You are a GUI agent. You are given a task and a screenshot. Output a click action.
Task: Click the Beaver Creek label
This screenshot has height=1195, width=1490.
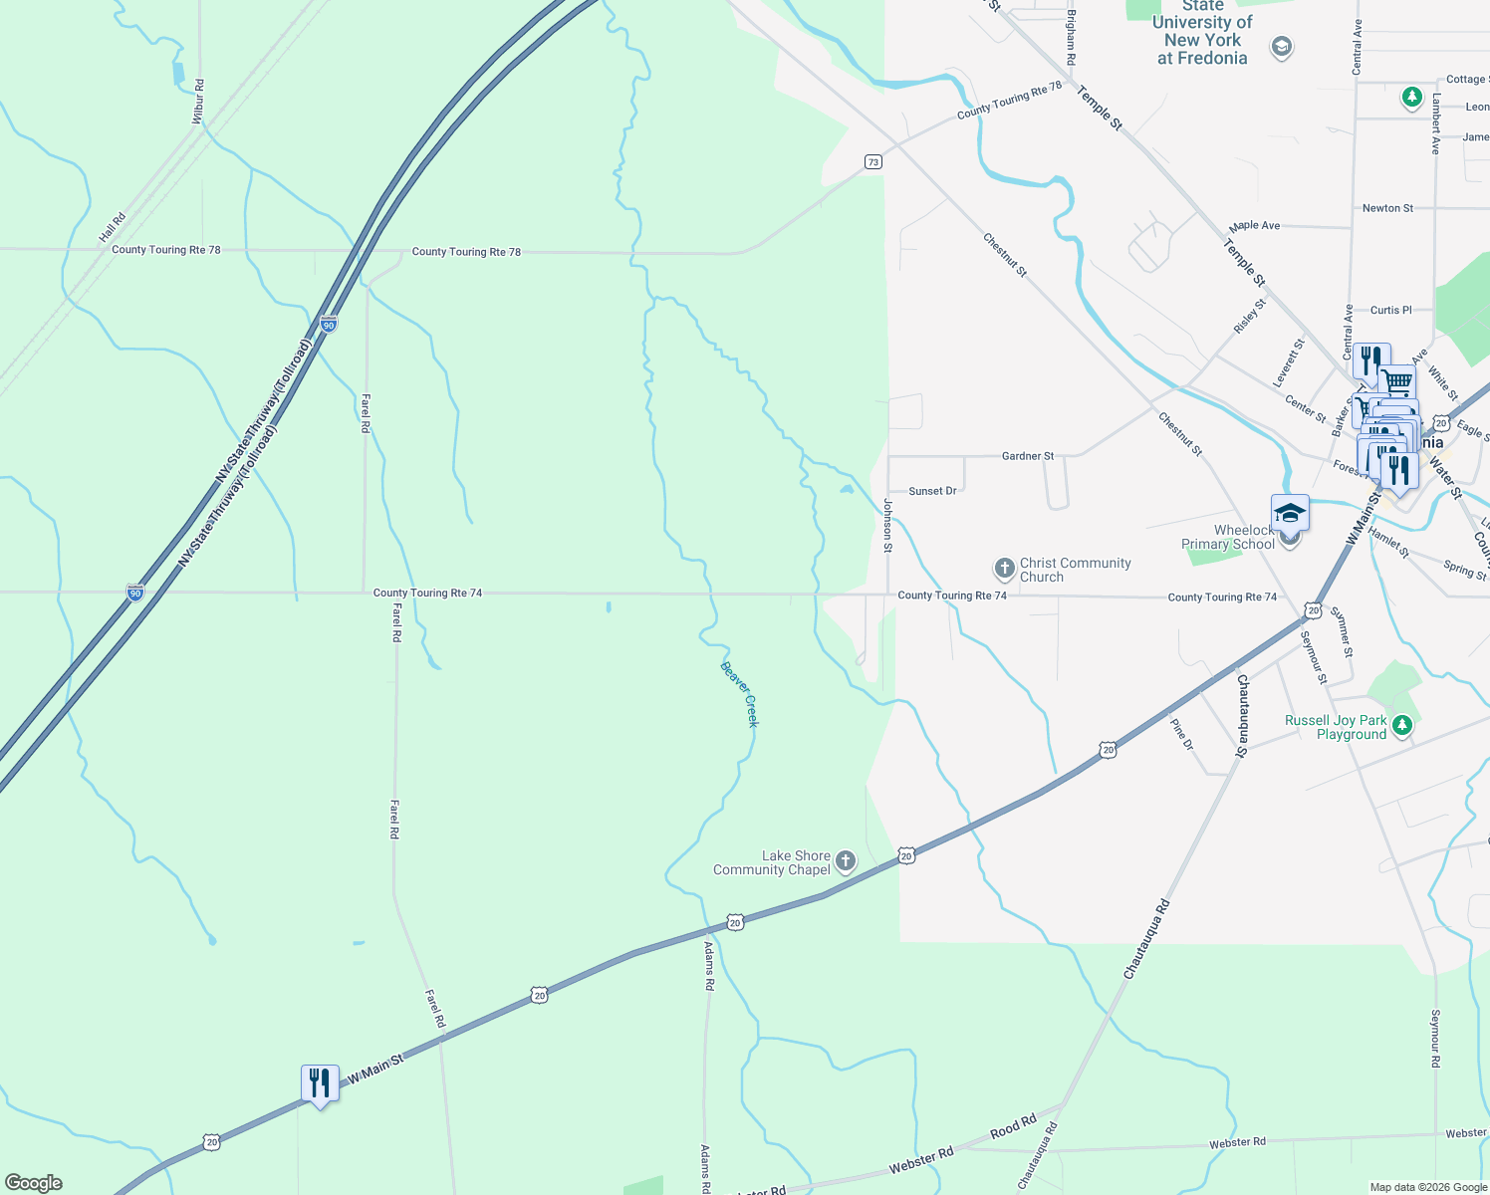[739, 694]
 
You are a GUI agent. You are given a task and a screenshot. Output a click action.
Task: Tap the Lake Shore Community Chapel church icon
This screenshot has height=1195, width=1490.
[846, 861]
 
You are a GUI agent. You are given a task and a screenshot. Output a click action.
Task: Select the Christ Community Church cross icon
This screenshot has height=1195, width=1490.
[1004, 569]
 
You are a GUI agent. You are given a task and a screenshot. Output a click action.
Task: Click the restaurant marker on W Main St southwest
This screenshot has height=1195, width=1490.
[320, 1083]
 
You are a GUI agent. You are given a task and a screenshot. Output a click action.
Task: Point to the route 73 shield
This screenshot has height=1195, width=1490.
[872, 161]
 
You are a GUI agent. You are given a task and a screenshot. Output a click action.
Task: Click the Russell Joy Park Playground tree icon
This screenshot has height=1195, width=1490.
[1402, 725]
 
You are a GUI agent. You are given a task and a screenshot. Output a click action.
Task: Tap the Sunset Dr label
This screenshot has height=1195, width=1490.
[932, 491]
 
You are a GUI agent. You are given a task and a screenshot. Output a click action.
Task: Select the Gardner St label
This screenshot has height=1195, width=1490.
[1028, 456]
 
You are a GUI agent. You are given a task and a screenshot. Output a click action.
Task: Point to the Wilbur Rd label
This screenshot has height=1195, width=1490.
[198, 102]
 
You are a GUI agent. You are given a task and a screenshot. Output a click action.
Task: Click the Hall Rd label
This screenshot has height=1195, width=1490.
[113, 228]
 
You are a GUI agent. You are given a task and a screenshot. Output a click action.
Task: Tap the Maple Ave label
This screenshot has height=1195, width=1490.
[1254, 226]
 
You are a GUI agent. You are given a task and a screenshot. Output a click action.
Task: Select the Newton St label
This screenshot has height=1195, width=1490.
[1387, 208]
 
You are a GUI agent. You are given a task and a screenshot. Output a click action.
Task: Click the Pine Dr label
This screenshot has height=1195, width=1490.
[1181, 732]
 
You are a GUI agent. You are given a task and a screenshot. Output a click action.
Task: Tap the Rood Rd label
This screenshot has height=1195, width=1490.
[1013, 1127]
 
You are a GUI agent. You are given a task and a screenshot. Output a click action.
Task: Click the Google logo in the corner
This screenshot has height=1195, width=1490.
[34, 1183]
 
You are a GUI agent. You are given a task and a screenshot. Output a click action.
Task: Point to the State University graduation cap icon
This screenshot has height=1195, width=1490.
[1282, 47]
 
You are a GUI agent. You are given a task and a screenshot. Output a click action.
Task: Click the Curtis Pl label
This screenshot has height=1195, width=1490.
[1390, 310]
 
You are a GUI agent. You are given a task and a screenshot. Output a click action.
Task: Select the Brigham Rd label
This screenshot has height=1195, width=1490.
[1071, 38]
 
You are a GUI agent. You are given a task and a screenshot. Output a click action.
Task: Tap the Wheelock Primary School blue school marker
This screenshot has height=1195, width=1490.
[1290, 513]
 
